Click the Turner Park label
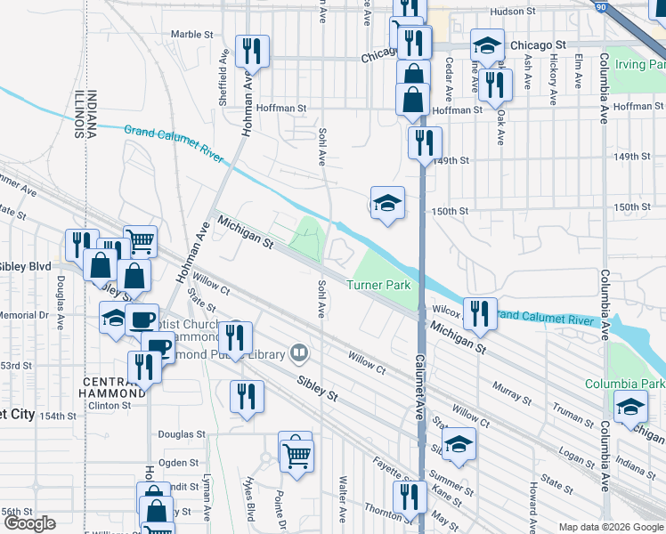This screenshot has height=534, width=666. pyautogui.click(x=378, y=286)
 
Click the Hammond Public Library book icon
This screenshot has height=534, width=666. pyautogui.click(x=299, y=355)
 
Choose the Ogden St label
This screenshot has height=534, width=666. pyautogui.click(x=178, y=462)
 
